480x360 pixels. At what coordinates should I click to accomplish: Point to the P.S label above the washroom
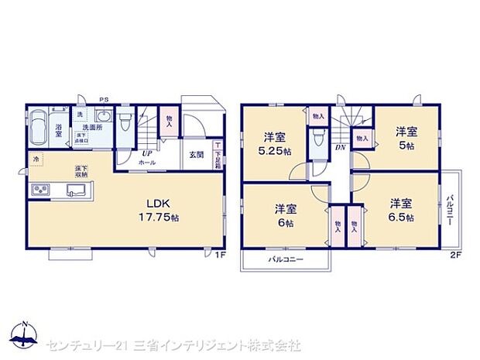[103, 99]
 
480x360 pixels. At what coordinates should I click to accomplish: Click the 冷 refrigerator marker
[35, 159]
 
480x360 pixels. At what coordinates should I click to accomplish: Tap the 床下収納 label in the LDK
[81, 171]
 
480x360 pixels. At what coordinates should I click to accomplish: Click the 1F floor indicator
[219, 254]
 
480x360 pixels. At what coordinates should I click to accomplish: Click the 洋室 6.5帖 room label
[401, 211]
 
